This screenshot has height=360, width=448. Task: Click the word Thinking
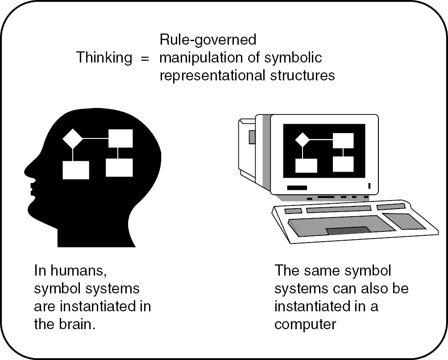point(104,58)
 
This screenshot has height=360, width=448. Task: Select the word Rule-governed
point(208,41)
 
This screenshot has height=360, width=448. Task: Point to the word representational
point(210,75)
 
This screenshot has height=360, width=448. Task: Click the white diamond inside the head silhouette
point(73,139)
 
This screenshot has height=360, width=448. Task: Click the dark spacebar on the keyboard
point(348,230)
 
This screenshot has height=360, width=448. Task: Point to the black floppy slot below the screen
point(297,188)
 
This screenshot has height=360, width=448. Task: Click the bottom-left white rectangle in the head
point(76,170)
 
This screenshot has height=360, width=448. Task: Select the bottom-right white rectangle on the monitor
point(343,164)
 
